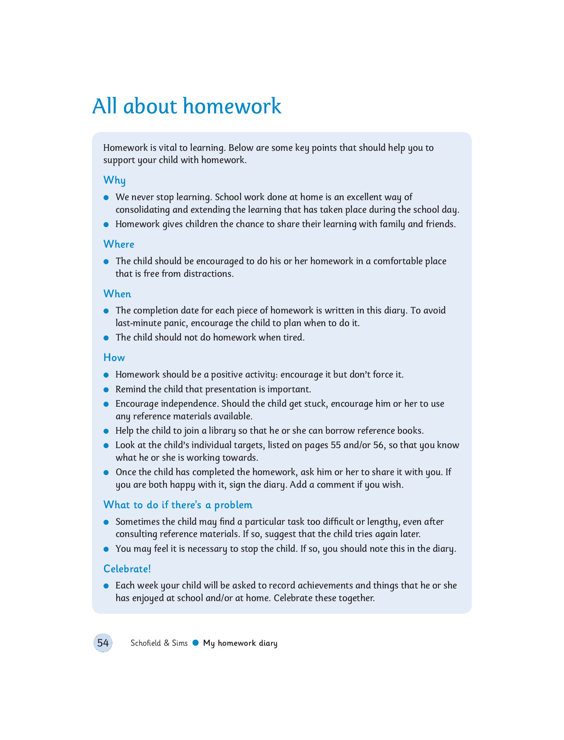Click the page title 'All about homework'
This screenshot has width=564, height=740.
click(186, 106)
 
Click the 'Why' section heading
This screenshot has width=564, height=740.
click(114, 180)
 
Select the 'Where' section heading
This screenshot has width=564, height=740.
click(119, 244)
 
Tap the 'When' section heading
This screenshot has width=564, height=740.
click(117, 294)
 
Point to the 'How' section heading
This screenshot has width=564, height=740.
click(114, 357)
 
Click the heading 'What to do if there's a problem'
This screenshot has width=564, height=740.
click(178, 505)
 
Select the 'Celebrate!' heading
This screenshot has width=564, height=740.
click(127, 569)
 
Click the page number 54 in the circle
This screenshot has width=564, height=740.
click(103, 643)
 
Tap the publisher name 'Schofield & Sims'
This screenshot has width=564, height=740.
click(159, 643)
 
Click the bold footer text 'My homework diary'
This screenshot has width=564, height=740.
click(240, 643)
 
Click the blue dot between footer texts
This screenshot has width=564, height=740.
click(195, 642)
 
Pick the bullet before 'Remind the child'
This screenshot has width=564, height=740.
click(106, 390)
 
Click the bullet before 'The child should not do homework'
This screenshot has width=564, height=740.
click(106, 338)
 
